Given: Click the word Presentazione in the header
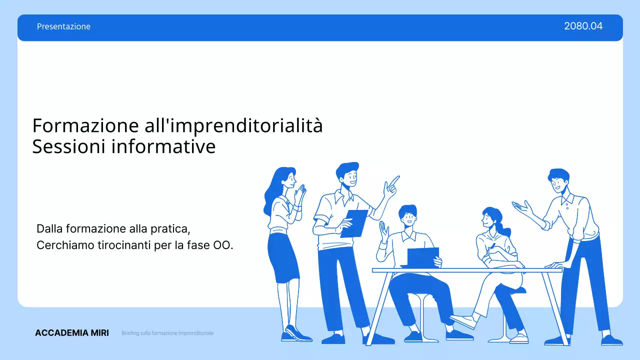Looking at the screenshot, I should coord(63,26).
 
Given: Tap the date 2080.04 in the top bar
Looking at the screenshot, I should coord(583,26).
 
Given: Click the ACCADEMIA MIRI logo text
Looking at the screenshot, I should coord(71,333).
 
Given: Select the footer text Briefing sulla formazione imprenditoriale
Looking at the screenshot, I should coord(167,333).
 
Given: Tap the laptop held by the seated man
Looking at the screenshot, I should coord(422,257).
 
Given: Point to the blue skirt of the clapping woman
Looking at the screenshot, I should coord(282,257).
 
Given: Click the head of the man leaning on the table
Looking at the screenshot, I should coord(558,180).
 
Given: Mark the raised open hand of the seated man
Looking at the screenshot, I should coord(383,231).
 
